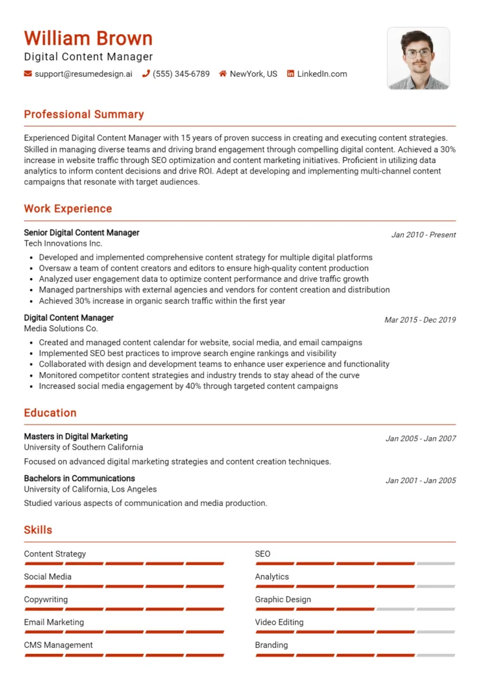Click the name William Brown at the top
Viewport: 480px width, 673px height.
click(x=88, y=38)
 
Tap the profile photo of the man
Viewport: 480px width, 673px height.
click(x=418, y=58)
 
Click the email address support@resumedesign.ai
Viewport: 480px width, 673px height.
click(x=83, y=74)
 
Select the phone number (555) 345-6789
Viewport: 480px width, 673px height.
click(x=181, y=74)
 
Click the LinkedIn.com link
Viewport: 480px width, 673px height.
click(x=322, y=74)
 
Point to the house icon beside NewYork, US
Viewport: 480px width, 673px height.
click(x=223, y=74)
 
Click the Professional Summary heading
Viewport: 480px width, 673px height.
click(x=84, y=114)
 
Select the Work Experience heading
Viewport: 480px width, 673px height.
click(x=68, y=209)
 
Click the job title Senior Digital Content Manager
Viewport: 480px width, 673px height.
click(x=82, y=233)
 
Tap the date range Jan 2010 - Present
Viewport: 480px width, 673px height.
click(x=423, y=235)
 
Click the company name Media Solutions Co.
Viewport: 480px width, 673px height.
click(x=60, y=329)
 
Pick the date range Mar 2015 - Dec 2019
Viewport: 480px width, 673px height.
click(x=420, y=320)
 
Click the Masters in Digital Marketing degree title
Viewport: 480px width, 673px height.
click(x=76, y=436)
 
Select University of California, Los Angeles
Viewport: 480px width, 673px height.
click(x=90, y=489)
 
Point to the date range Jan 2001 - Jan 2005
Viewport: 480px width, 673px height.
click(x=420, y=480)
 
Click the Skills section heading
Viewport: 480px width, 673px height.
click(x=38, y=530)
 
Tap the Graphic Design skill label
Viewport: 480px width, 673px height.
click(x=283, y=599)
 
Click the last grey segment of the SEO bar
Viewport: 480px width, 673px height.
click(x=435, y=564)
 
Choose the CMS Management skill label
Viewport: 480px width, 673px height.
click(x=59, y=645)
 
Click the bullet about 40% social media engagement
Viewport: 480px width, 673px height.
click(x=188, y=386)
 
